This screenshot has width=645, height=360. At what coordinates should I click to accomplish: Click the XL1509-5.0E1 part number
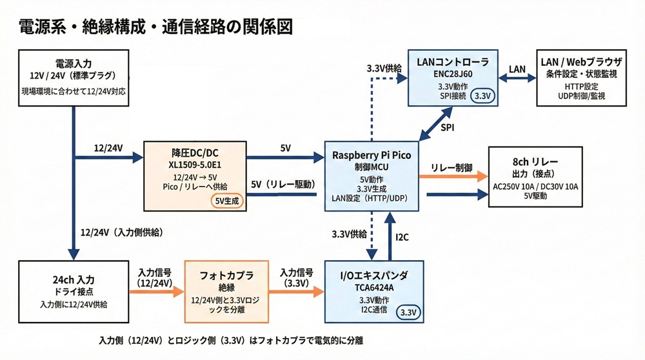(195, 165)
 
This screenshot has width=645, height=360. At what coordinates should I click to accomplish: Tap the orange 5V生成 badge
(226, 201)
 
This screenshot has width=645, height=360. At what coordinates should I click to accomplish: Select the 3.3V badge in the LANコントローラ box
(482, 96)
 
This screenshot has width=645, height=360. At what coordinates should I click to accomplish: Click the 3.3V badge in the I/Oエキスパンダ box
(408, 312)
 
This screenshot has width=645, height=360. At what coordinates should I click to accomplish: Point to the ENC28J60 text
(453, 74)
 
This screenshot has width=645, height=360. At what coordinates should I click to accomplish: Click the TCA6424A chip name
(374, 288)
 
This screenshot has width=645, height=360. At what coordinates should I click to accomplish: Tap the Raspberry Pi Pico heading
(372, 155)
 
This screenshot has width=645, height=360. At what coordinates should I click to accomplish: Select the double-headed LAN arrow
(517, 78)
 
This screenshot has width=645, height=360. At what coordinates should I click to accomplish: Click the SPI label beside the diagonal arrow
(448, 128)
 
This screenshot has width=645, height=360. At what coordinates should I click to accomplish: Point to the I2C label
(402, 237)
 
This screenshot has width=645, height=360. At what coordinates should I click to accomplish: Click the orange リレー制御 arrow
(453, 177)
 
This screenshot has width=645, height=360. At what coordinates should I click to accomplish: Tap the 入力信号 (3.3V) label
(296, 277)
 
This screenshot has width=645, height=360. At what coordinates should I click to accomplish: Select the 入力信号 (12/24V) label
(154, 277)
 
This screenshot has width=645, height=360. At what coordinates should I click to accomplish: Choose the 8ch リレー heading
(535, 162)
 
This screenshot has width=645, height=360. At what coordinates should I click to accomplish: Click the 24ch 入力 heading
(74, 280)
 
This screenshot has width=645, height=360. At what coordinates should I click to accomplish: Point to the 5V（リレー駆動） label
(283, 185)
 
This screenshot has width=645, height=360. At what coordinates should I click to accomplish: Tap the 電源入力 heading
(74, 64)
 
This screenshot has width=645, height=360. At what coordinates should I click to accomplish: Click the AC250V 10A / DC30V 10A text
(535, 186)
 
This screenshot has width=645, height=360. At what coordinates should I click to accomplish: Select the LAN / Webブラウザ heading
(581, 62)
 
